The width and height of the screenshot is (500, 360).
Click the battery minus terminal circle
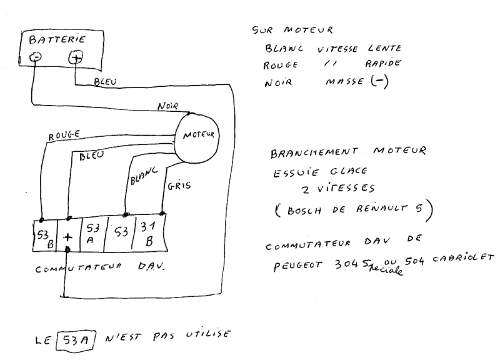coord(35,57)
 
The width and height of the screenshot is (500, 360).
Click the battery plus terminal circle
coord(76,57)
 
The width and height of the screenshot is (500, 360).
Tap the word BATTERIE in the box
coord(57,39)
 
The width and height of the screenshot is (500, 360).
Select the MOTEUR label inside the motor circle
coord(199,135)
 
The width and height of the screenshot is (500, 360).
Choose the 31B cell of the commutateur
coord(149,233)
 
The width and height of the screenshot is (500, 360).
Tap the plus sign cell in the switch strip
coord(68,237)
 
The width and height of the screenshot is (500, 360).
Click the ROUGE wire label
coord(64,136)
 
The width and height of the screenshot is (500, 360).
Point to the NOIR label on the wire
coord(167,106)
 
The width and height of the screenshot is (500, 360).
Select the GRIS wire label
coord(179,186)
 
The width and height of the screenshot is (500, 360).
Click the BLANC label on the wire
coord(144,176)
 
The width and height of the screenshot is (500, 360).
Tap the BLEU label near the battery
coord(105,82)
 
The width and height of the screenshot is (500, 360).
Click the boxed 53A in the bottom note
coord(76,341)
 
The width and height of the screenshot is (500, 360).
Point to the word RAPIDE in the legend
coord(383,63)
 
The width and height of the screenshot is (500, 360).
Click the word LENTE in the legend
coord(384,48)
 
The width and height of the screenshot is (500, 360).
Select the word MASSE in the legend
coord(344,82)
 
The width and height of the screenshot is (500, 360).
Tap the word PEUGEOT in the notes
coord(297,265)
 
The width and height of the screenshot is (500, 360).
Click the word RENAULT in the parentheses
coord(382,209)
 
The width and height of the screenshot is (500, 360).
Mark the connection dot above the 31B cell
coord(162,213)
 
